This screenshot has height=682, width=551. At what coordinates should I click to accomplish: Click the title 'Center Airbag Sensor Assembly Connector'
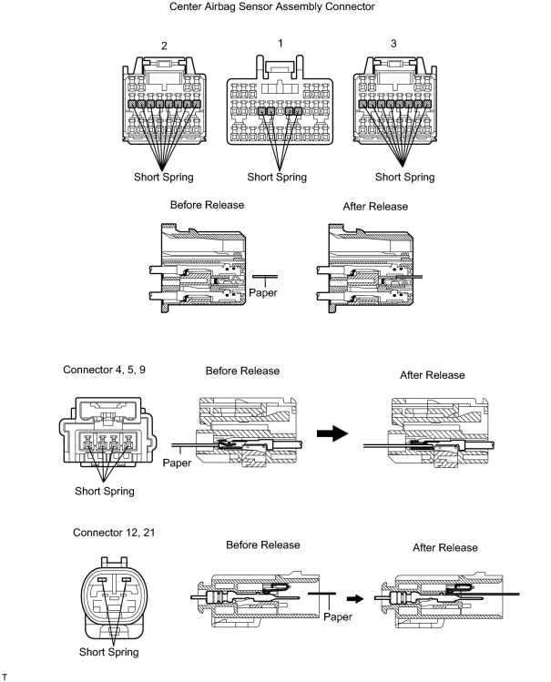[271, 7]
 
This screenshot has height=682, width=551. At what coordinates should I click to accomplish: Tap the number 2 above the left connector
[164, 46]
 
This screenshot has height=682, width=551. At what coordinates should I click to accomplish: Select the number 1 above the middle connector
[281, 43]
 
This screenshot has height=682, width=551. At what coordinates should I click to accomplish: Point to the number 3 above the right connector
[393, 44]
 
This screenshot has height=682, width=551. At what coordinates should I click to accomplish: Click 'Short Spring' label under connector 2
[164, 177]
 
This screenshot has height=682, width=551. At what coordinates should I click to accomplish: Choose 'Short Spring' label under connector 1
[277, 177]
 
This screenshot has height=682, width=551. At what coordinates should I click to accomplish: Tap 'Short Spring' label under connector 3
[405, 177]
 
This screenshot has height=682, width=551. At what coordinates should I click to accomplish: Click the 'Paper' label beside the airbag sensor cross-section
[263, 292]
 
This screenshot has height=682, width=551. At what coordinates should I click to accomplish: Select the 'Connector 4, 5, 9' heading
[105, 370]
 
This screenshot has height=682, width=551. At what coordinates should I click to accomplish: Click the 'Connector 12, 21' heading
[114, 533]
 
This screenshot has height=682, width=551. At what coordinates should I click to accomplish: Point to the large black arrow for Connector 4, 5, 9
[332, 433]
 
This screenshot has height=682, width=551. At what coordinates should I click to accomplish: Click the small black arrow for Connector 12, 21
[355, 599]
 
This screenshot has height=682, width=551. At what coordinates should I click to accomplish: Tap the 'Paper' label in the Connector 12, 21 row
[338, 616]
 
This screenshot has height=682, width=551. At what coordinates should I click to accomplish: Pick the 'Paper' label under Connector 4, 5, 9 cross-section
[177, 463]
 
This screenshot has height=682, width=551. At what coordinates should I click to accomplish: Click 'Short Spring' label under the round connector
[108, 652]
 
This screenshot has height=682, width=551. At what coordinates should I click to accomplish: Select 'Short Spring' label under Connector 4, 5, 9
[105, 491]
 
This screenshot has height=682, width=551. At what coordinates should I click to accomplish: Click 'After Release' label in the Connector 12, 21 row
[445, 547]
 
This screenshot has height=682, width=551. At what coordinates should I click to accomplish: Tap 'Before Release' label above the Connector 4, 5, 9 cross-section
[242, 371]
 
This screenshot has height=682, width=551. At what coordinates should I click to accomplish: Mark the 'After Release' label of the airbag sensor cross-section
[375, 207]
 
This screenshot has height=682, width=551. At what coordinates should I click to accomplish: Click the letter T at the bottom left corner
[5, 677]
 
